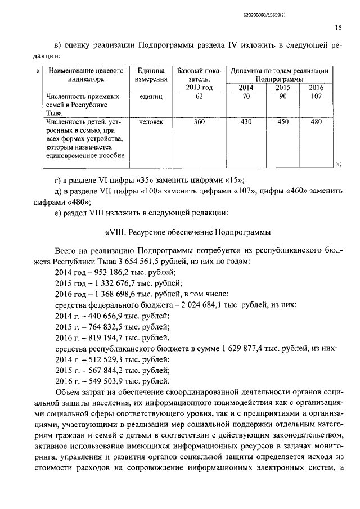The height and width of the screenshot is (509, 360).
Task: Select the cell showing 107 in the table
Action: (x=316, y=97)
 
